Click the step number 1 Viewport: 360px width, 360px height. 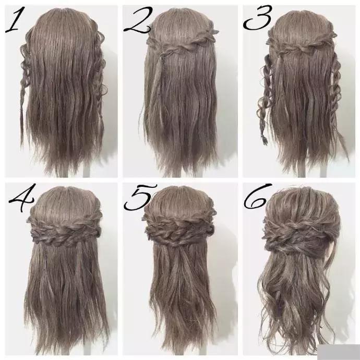pos(15,19)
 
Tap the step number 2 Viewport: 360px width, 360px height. pos(138,20)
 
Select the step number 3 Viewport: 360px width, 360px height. pos(258,18)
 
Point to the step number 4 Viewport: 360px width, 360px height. pos(22,197)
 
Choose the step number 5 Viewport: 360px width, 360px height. pos(140,197)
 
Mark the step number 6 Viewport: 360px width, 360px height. pos(257,196)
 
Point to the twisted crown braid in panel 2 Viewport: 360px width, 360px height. pos(182,42)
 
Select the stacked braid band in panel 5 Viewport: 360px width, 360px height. pos(179,228)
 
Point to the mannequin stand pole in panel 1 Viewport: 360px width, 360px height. pos(86,171)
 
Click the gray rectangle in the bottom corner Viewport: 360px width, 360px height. pos(340,352)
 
